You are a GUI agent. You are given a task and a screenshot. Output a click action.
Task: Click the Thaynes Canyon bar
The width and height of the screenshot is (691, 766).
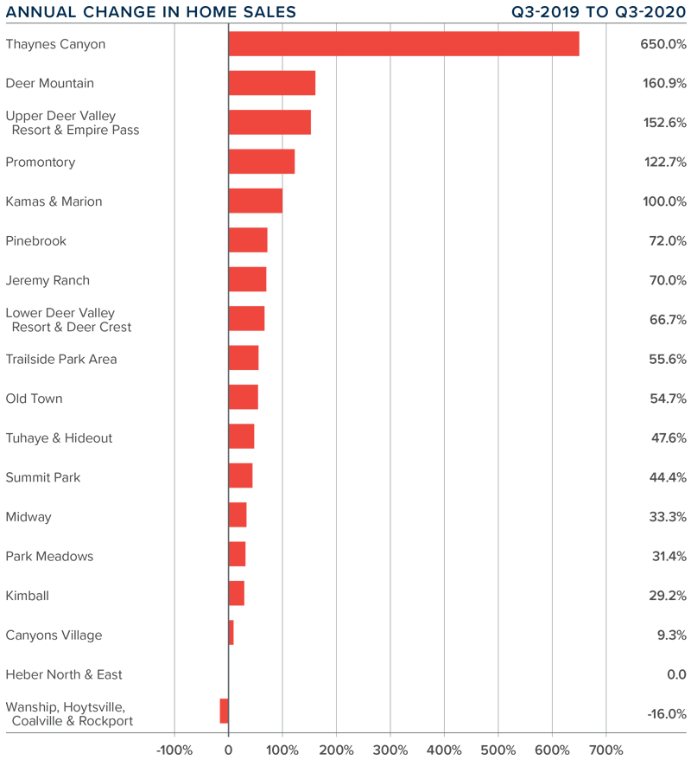tap(403, 44)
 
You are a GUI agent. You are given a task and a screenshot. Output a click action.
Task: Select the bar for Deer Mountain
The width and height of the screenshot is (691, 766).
tap(271, 83)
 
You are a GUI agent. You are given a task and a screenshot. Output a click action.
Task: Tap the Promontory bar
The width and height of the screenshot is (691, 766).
tap(261, 162)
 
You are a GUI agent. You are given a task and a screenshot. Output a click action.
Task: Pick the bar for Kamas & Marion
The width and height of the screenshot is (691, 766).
tap(255, 201)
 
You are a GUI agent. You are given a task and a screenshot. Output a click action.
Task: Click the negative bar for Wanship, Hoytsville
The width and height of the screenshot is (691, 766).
tap(224, 711)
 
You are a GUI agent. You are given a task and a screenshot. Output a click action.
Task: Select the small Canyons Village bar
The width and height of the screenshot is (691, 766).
tap(231, 633)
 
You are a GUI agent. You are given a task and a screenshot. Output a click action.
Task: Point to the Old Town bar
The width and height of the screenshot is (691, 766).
tap(243, 397)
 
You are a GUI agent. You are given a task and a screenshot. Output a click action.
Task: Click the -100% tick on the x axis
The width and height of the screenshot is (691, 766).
tap(175, 748)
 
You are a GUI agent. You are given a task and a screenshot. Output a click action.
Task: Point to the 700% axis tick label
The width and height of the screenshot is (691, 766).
tap(605, 748)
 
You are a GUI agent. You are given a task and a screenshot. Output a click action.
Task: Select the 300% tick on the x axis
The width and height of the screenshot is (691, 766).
tap(390, 748)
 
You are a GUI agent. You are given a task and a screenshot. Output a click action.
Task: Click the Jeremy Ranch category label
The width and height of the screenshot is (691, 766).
tap(48, 280)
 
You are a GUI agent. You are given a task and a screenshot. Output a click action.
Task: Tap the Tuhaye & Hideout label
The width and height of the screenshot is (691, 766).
tap(59, 438)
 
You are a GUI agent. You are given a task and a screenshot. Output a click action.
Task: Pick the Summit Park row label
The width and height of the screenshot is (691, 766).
tap(43, 477)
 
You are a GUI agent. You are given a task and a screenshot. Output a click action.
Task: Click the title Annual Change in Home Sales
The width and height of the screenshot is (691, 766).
tap(151, 12)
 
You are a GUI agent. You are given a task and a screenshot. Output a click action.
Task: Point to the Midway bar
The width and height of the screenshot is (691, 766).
tap(238, 515)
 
